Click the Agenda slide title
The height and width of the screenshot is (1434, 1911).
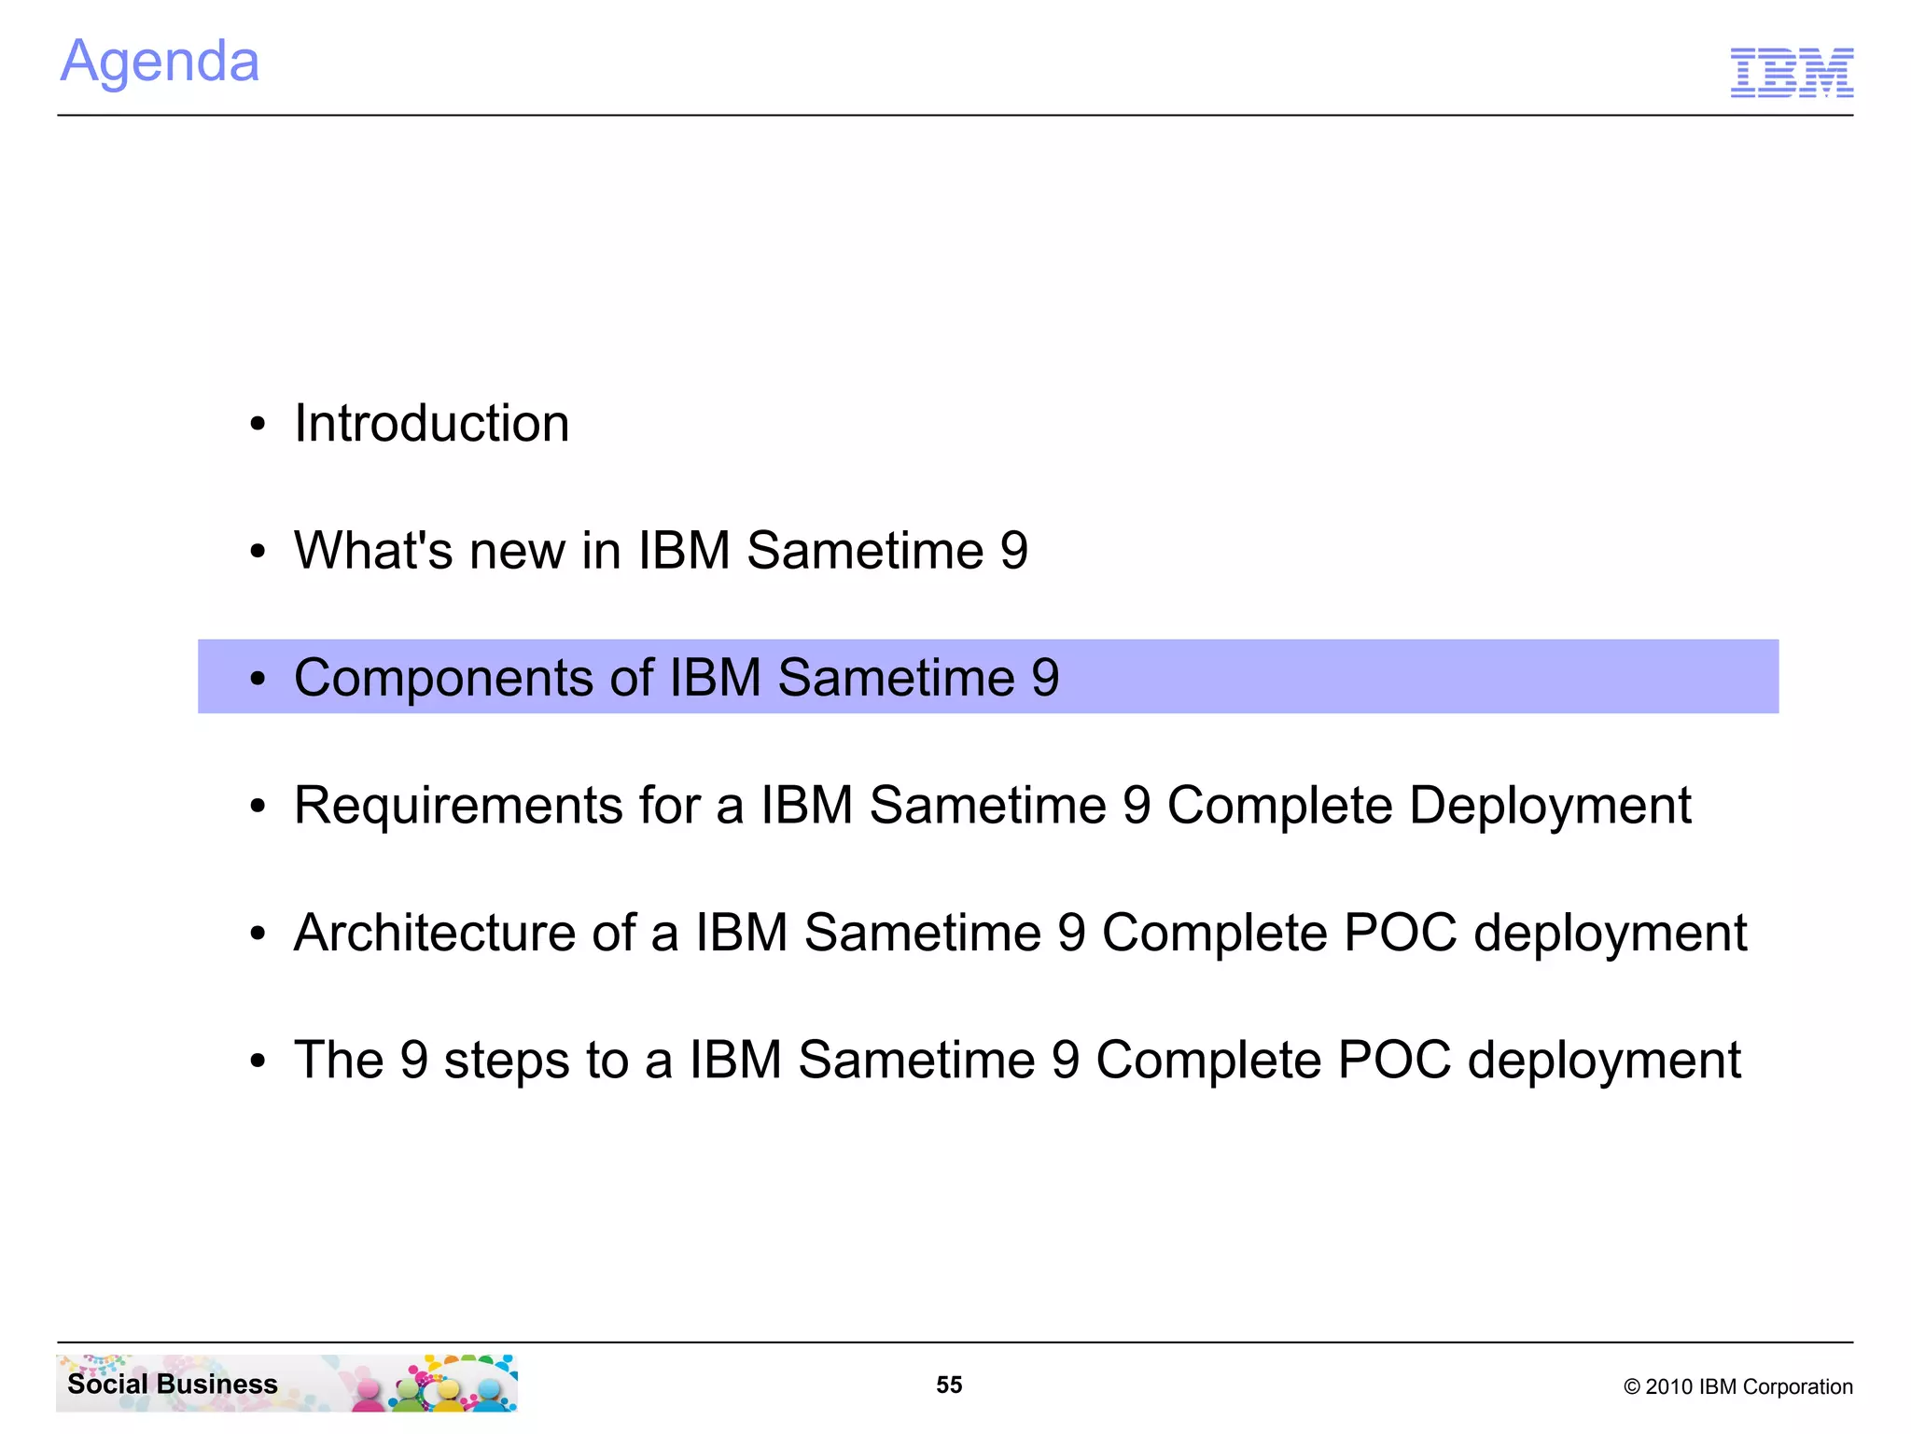click(160, 63)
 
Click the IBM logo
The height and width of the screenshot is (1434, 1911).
click(1791, 72)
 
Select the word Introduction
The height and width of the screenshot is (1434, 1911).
click(431, 424)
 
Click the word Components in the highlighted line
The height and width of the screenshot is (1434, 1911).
click(443, 679)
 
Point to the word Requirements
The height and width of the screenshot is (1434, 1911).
click(457, 806)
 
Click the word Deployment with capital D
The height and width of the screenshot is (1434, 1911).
click(1549, 806)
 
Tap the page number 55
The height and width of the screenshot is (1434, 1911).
click(949, 1385)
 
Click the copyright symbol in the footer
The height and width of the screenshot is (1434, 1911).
click(1631, 1387)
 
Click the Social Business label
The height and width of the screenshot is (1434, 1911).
click(173, 1384)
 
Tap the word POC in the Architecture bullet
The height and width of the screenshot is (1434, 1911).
click(1400, 933)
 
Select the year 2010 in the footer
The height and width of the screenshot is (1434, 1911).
click(1668, 1387)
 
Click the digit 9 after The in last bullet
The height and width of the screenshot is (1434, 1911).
click(413, 1061)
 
